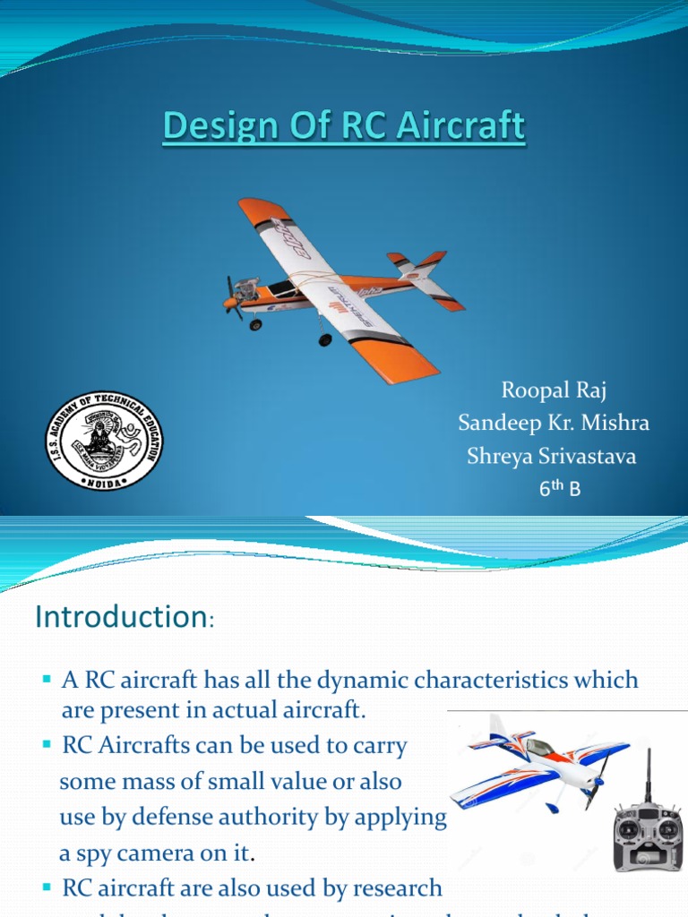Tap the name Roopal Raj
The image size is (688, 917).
click(554, 390)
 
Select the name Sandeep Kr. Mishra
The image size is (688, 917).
click(554, 424)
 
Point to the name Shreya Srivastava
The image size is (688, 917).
click(552, 457)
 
